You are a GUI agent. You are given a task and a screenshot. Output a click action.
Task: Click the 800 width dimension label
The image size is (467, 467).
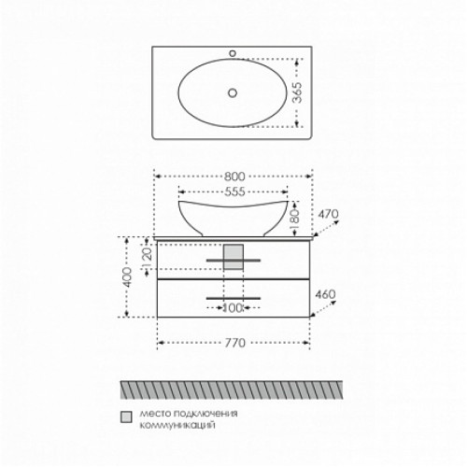[234, 177]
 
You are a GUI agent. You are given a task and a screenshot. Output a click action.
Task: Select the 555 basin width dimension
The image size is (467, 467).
[234, 191]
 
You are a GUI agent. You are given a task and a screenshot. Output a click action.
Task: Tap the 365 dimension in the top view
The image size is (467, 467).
[298, 92]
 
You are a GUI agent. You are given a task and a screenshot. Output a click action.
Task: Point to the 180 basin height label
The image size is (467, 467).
[294, 219]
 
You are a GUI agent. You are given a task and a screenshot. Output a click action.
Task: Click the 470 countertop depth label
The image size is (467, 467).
[328, 214]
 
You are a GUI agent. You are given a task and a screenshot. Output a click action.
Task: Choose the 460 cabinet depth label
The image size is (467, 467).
[325, 294]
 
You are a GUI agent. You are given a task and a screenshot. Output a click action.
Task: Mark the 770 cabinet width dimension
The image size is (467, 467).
[235, 343]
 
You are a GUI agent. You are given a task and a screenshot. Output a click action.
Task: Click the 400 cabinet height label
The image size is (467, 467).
[127, 276]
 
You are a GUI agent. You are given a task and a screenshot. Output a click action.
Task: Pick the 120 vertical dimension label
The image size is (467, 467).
[147, 258]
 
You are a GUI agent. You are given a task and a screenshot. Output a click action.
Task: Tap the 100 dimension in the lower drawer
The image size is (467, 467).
[233, 308]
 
